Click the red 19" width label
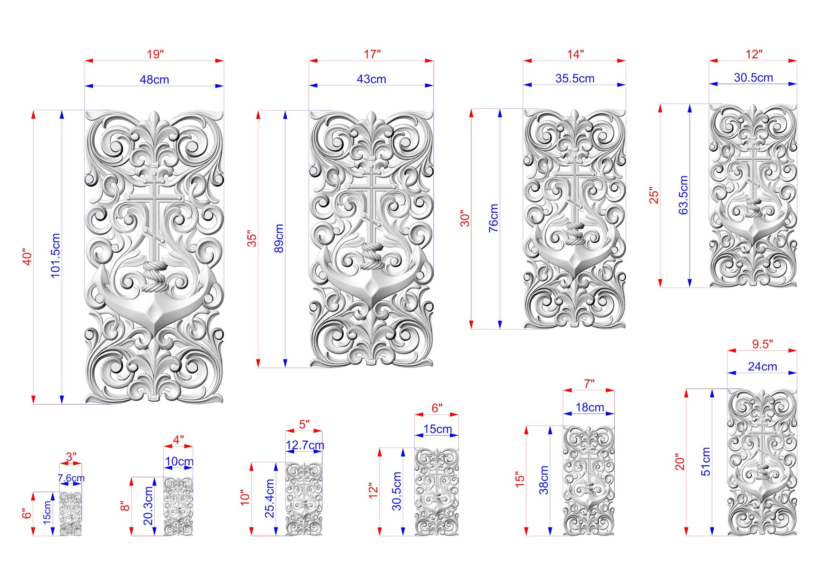coord(155,54)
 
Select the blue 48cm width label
coord(154,79)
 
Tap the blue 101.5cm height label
coord(55,255)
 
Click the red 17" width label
coord(372,54)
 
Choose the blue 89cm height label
coord(279,238)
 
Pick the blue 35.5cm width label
coord(575,78)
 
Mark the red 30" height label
coord(465,218)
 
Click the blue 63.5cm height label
coord(683,195)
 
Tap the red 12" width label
coord(754,54)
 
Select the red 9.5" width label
coord(763,344)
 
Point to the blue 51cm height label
coord(706,461)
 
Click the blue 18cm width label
coord(590,407)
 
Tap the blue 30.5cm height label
coord(397,491)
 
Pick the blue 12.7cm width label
coord(305,445)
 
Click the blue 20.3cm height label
coord(148,506)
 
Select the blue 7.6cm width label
coord(71,478)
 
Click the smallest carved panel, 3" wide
coord(71,514)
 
